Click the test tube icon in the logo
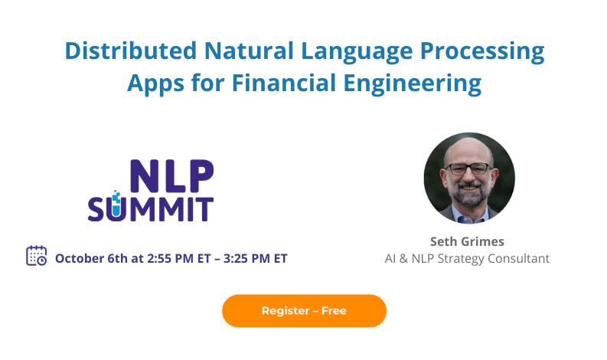coord(116,204)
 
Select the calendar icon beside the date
coord(36,256)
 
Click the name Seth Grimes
coord(467,241)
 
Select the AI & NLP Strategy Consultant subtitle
coord(467,258)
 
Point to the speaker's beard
coord(468,192)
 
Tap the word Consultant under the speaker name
coord(521,258)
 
